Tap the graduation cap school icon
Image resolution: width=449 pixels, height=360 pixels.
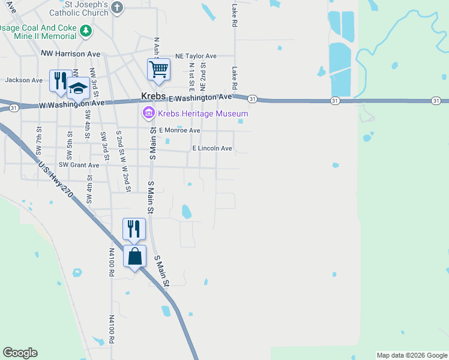click(x=77, y=89)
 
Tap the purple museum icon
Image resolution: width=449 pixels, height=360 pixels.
click(x=148, y=112)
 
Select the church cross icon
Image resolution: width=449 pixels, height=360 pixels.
click(x=117, y=8)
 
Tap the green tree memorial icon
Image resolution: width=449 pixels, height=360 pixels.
click(x=86, y=31)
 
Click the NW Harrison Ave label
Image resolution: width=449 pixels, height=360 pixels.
click(x=70, y=53)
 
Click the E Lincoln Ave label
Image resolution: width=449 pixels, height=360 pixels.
click(x=211, y=148)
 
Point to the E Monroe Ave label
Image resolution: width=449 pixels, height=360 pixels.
click(x=179, y=130)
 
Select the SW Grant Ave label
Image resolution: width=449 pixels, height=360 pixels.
click(x=79, y=165)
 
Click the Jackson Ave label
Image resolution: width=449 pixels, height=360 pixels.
click(x=24, y=80)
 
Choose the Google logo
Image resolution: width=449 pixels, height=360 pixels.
click(x=20, y=353)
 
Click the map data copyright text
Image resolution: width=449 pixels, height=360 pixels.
click(x=412, y=355)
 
